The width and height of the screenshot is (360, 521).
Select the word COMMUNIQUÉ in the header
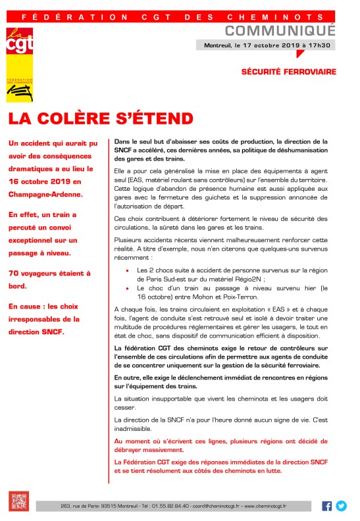(x=280, y=31)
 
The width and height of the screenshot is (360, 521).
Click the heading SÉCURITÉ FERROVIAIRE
(x=288, y=71)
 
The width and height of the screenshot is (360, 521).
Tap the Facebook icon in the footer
(x=327, y=506)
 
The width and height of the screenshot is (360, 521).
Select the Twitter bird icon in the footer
(x=341, y=506)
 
